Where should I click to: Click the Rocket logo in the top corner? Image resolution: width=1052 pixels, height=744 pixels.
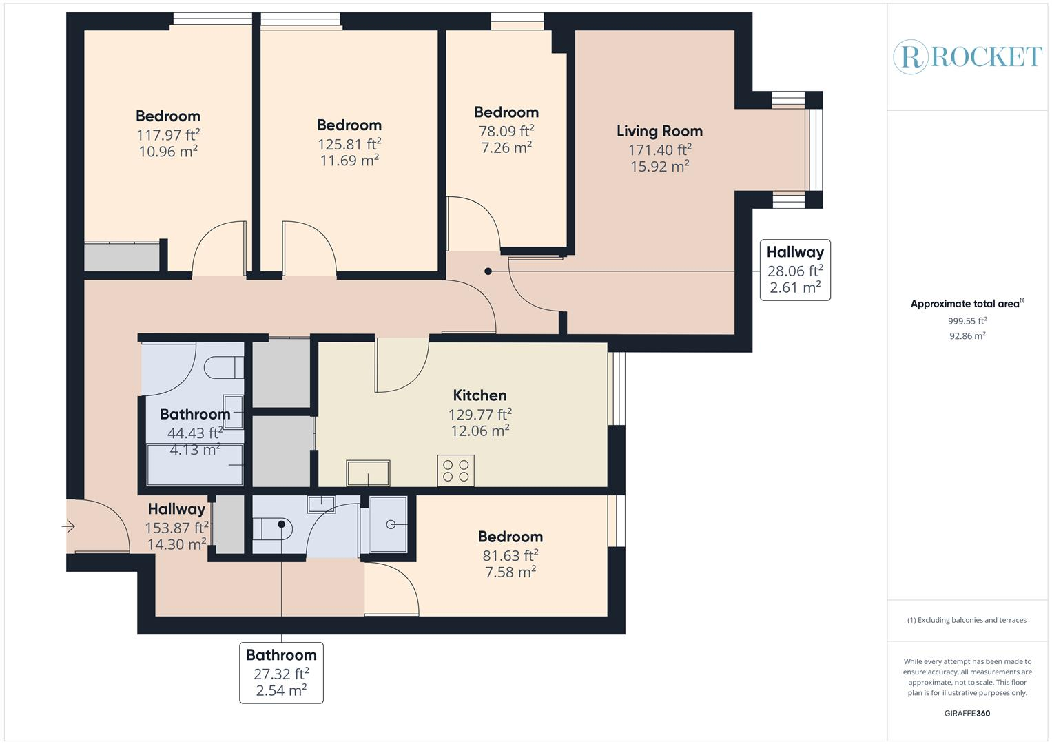(967, 56)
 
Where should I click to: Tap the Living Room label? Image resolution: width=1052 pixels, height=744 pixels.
(659, 131)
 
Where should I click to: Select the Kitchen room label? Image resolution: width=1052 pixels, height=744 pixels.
(479, 395)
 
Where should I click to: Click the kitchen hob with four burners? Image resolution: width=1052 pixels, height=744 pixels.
(455, 470)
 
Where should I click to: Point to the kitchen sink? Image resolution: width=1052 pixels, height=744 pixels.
(368, 473)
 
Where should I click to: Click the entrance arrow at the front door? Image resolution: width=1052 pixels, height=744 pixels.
(68, 526)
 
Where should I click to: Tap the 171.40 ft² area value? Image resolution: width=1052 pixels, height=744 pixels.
(660, 150)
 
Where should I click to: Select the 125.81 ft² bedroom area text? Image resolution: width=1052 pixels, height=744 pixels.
(349, 144)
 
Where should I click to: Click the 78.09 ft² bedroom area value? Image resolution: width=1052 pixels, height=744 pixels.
(506, 131)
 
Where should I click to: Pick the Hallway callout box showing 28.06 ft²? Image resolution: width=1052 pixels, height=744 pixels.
(795, 270)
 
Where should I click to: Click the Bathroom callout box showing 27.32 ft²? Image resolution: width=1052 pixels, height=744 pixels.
(281, 672)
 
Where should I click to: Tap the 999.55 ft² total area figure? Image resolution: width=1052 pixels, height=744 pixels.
(967, 321)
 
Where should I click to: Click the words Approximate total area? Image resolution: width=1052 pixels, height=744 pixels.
(965, 304)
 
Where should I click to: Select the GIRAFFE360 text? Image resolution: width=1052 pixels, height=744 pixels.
(967, 713)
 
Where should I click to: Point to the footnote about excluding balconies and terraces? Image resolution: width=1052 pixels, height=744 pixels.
(967, 620)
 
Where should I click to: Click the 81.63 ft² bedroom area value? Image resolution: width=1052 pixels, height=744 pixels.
(510, 556)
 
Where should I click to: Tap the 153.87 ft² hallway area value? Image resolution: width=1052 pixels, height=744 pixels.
(176, 528)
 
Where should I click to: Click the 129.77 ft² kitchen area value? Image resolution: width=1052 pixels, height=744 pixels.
(480, 415)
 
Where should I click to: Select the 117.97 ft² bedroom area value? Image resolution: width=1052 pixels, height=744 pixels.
(168, 135)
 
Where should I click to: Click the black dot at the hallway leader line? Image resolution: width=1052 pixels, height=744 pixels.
(488, 271)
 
